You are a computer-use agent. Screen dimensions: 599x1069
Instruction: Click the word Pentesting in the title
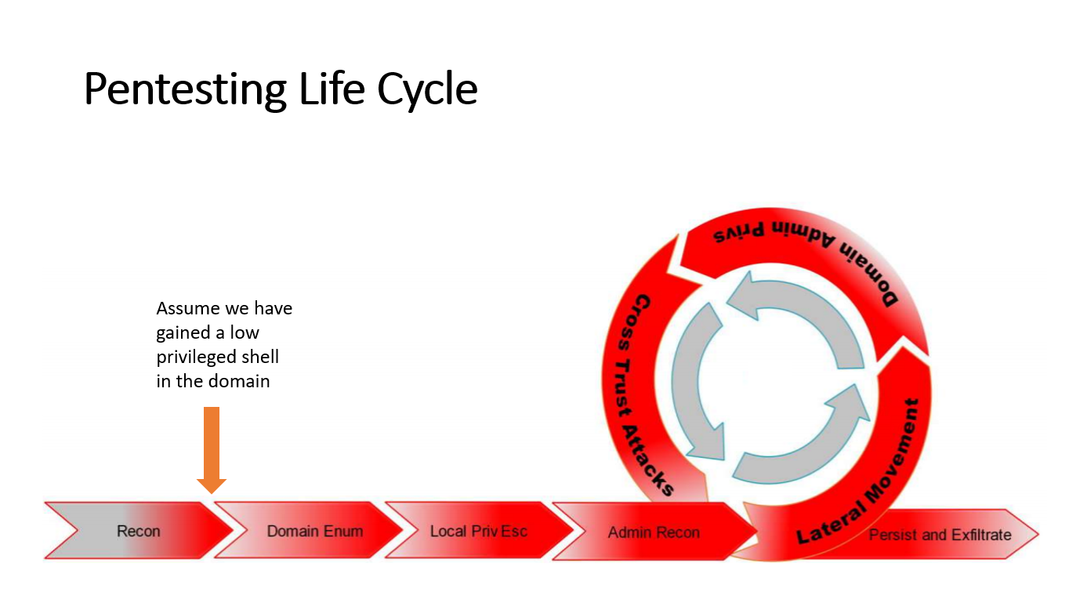pyautogui.click(x=185, y=89)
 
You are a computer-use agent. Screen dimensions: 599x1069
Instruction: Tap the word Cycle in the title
pyautogui.click(x=427, y=89)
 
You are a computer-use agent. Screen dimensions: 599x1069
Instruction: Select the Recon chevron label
pyautogui.click(x=139, y=532)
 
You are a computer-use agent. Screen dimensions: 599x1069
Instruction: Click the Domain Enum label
pyautogui.click(x=315, y=532)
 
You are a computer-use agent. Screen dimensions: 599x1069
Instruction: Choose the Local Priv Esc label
pyautogui.click(x=479, y=532)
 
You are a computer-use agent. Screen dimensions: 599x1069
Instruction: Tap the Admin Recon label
pyautogui.click(x=654, y=533)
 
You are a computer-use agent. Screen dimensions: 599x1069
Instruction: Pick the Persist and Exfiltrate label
pyautogui.click(x=940, y=535)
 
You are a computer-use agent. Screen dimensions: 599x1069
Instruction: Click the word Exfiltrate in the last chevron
pyautogui.click(x=981, y=535)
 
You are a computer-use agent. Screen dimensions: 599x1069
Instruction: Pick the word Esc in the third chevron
pyautogui.click(x=514, y=532)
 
